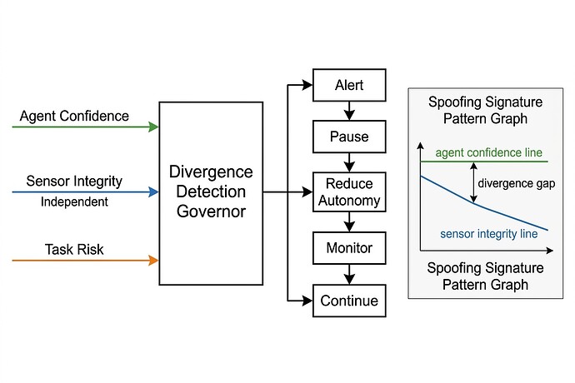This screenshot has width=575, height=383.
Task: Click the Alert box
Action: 349,85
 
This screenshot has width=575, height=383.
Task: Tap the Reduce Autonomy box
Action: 349,191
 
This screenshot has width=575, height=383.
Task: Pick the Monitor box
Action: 349,248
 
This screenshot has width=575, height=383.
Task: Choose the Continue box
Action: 349,301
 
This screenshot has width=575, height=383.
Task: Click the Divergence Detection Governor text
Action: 211,191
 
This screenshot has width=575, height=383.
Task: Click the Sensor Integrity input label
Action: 74,181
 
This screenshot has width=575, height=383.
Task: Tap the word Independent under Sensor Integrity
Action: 74,201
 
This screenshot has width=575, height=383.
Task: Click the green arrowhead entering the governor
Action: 153,127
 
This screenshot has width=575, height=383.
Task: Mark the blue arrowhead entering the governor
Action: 153,192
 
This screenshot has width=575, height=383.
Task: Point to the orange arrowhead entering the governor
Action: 153,261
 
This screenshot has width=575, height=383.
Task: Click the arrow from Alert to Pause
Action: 349,109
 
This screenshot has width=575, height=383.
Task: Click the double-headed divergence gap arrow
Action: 473,182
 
